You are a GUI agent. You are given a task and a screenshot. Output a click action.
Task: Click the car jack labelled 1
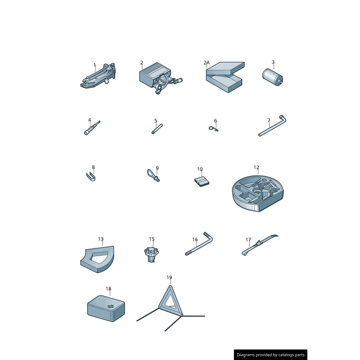pos(98,76)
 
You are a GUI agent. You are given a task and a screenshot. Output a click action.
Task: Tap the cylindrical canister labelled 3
pos(273,77)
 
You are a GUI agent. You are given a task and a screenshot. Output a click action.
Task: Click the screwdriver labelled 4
pos(92,128)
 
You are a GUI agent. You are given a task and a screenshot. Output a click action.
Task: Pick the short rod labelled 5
pos(157,129)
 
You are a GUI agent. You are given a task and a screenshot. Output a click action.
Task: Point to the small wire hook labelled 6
pos(213,129)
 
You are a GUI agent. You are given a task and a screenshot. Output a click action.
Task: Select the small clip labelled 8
pos(91,176)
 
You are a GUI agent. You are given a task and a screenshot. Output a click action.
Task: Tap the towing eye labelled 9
pos(153,175)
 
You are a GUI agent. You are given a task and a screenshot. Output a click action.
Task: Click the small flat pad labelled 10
pos(202,181)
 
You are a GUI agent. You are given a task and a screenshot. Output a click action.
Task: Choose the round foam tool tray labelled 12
pos(257,193)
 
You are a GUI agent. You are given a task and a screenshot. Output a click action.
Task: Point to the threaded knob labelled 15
pos(151,254)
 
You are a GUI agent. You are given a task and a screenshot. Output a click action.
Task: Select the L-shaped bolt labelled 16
pos(199,244)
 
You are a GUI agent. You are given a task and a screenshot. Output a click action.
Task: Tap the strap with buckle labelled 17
pos(260,245)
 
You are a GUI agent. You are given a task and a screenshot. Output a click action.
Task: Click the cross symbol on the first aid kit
pos(111,306)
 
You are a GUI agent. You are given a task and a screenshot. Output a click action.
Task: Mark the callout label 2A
pos(207,63)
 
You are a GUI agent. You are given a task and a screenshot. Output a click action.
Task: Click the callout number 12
pos(256,167)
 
